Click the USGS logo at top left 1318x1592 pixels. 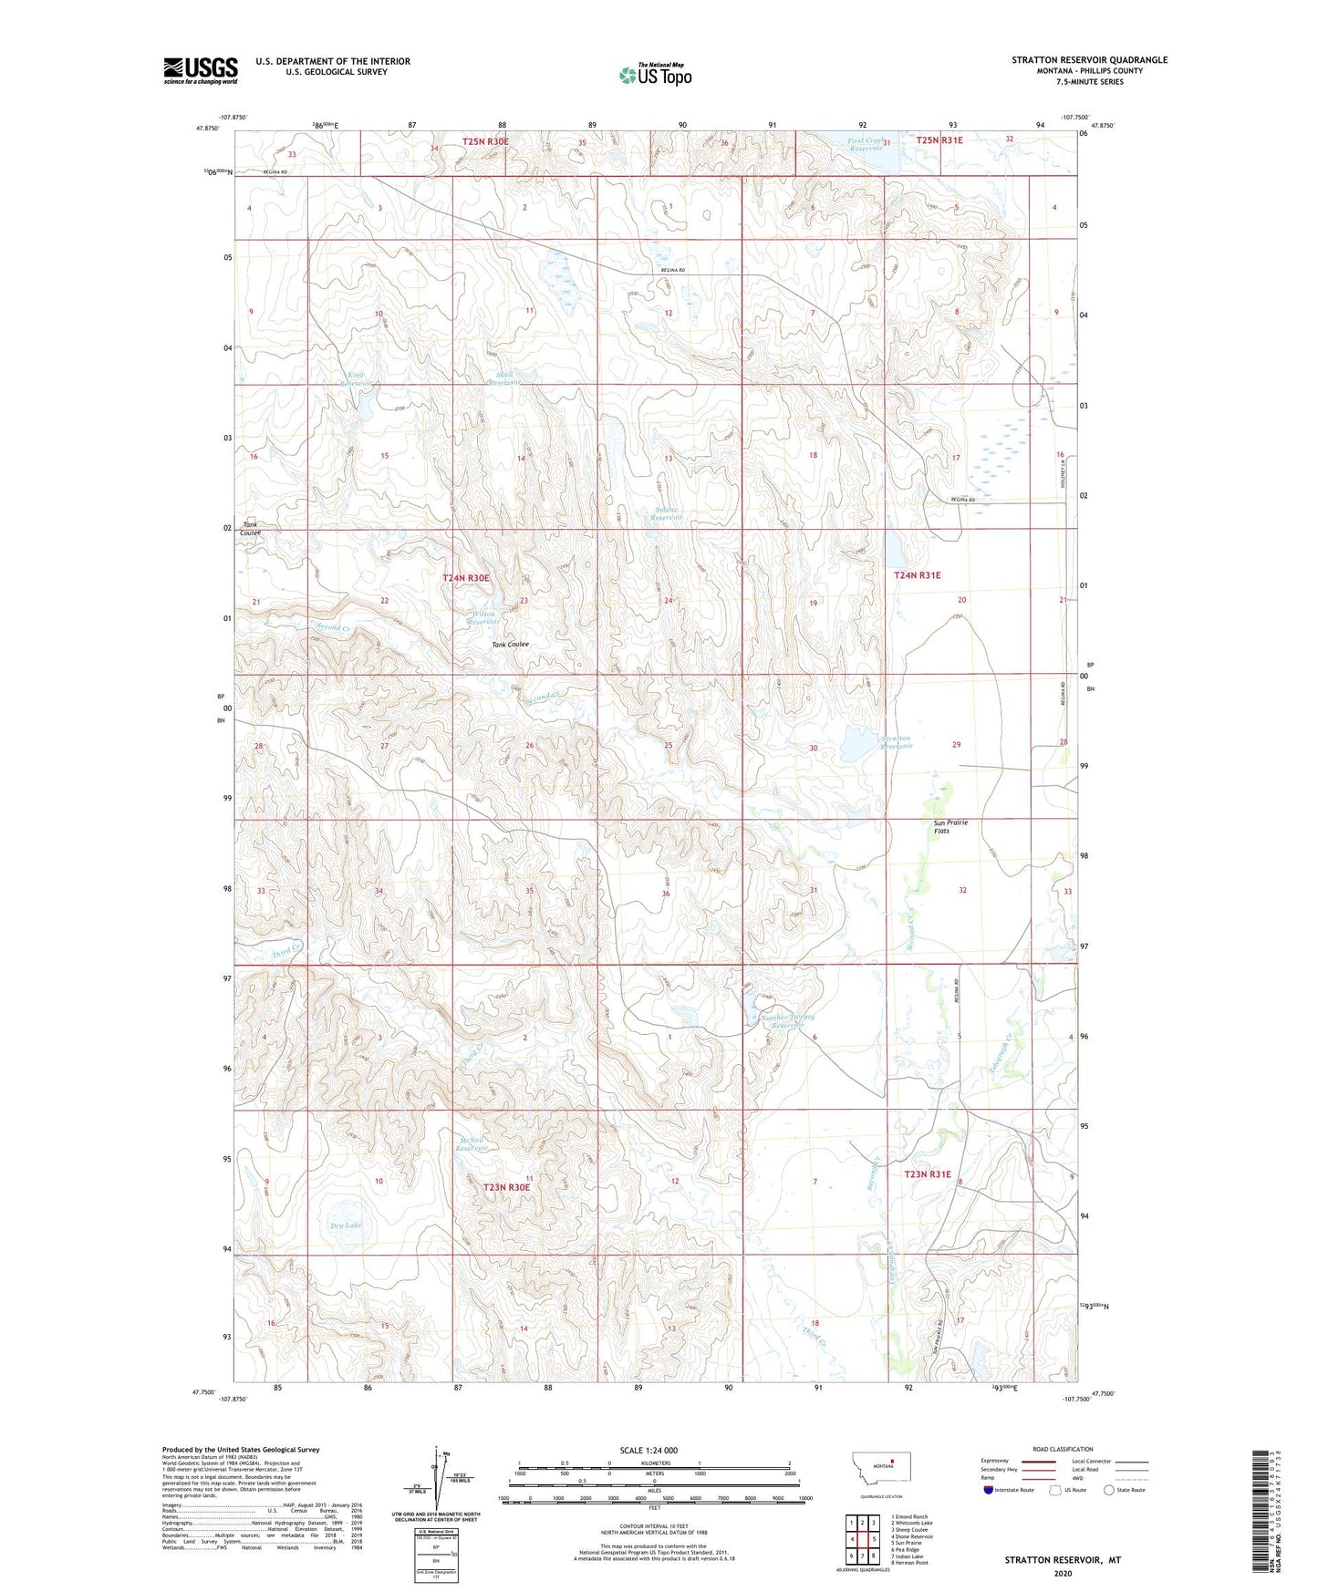click(x=201, y=70)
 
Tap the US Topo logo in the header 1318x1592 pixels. click(x=653, y=76)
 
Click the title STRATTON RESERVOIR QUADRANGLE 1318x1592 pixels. click(x=1089, y=60)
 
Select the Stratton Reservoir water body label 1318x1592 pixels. click(x=896, y=742)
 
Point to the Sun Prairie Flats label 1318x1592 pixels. click(x=950, y=826)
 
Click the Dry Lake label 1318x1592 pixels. click(x=346, y=1225)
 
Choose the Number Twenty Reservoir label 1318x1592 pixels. click(x=787, y=1021)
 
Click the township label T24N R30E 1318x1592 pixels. click(x=466, y=578)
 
